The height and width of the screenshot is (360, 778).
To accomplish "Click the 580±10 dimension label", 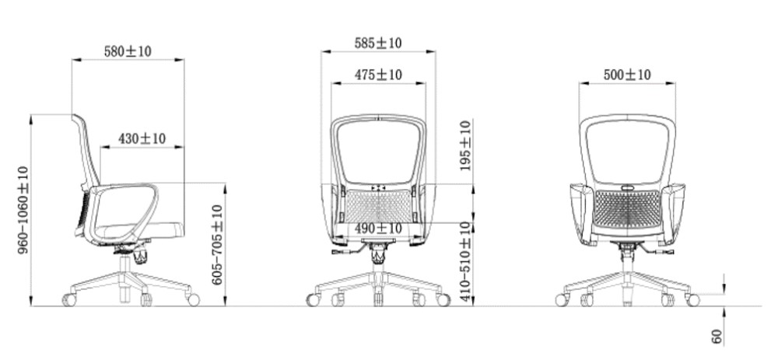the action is (x=128, y=51).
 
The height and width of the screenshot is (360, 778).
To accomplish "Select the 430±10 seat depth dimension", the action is (x=142, y=138).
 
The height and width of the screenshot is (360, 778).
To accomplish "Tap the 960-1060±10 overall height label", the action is (x=23, y=210).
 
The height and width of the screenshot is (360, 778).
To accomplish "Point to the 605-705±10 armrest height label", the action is (x=217, y=245).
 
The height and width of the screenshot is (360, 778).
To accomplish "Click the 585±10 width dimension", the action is (x=378, y=43).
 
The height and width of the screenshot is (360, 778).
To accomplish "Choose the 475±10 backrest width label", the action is (x=378, y=75).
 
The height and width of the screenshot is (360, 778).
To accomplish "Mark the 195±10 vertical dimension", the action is (x=465, y=145).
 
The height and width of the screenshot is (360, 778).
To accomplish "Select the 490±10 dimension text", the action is (x=378, y=229).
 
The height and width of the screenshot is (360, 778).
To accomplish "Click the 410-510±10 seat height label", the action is (x=465, y=261).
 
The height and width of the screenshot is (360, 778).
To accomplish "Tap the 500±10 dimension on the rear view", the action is (x=626, y=75).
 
